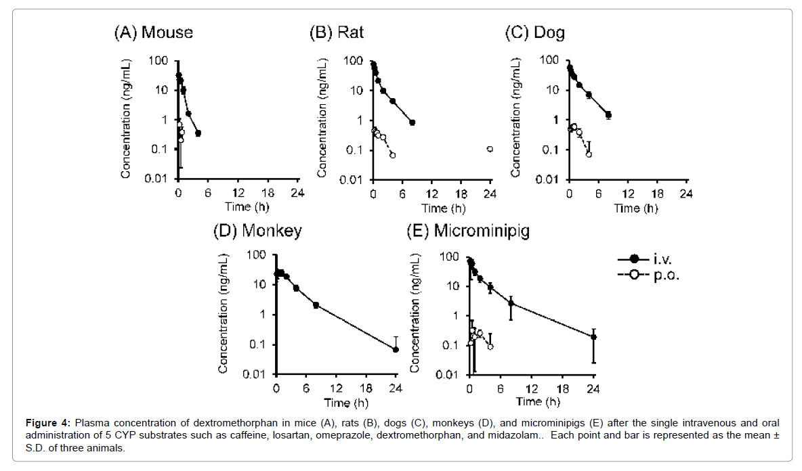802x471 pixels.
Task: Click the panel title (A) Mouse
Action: [x=153, y=32]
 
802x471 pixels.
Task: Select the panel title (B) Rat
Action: [x=337, y=32]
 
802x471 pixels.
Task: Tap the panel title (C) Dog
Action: [x=535, y=32]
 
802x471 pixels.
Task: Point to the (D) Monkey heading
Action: [x=257, y=231]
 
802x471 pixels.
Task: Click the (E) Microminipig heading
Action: [x=467, y=231]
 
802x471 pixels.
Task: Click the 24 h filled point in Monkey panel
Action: [x=396, y=349]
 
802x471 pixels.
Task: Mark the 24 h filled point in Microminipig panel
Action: [x=593, y=337]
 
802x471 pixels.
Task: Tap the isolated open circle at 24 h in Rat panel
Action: [x=490, y=149]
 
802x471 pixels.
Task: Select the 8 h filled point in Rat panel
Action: [x=412, y=122]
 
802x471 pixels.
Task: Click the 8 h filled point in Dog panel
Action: [x=608, y=115]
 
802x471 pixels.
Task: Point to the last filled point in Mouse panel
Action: [x=198, y=133]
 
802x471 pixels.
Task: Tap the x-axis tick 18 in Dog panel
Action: [x=657, y=194]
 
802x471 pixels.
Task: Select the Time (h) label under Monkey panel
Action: [x=337, y=403]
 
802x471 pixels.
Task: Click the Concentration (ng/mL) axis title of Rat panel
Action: [x=322, y=119]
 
